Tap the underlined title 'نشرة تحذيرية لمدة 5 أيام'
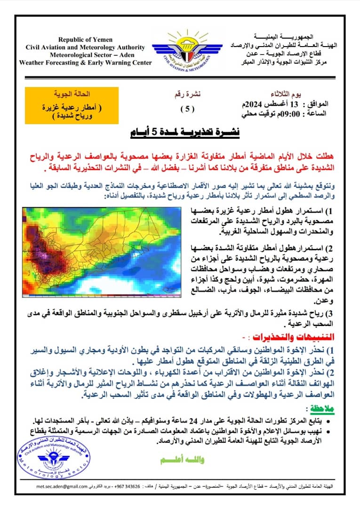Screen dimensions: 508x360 click(x=185, y=133)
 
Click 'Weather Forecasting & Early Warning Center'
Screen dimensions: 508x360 click(x=85, y=63)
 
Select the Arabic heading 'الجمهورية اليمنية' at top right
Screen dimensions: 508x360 click(x=288, y=37)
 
